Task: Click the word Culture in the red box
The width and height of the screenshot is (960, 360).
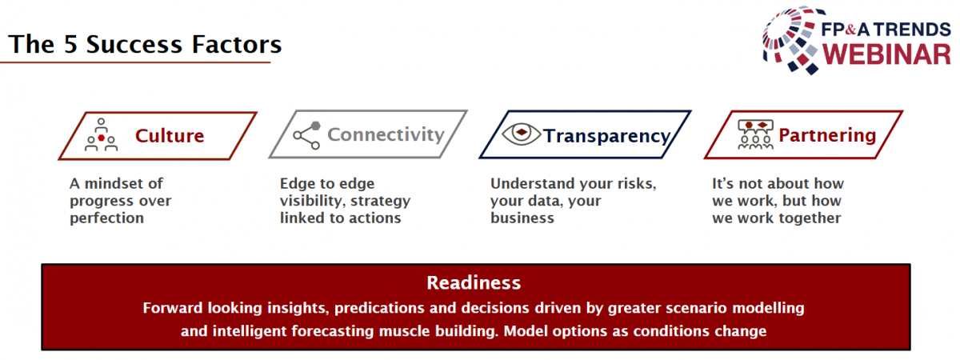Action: point(170,136)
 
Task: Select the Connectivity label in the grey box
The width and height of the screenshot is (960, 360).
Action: point(386,135)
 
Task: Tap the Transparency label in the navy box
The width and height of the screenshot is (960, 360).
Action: point(607,136)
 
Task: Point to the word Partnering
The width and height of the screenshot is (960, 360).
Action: point(827,135)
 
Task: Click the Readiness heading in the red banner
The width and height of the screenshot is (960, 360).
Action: point(474,283)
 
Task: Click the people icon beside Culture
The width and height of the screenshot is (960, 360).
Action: point(101,134)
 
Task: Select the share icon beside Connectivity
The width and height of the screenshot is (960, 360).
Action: point(307,135)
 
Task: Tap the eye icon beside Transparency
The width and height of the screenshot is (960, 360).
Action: point(521,134)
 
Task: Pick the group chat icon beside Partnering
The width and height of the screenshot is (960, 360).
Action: point(755,134)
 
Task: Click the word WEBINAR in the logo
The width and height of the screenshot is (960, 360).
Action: point(886,55)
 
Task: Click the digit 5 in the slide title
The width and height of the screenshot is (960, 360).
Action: point(70,45)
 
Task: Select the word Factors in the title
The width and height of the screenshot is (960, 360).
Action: point(237,45)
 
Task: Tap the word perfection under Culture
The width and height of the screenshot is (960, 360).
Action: point(106,218)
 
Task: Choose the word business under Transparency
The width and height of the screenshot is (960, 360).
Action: point(522,218)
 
